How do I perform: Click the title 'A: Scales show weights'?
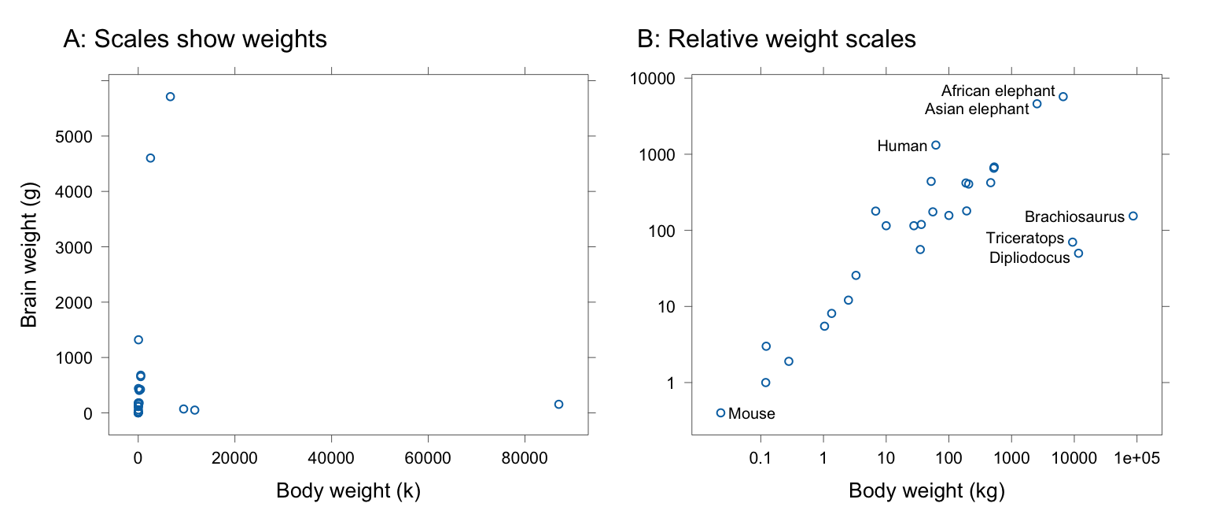point(194,39)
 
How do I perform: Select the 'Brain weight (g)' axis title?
point(29,257)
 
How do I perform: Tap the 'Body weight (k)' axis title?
point(348,491)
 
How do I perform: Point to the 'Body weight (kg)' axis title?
point(927,491)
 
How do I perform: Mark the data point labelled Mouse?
point(720,412)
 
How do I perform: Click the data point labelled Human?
point(936,145)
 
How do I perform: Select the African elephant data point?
point(1063,97)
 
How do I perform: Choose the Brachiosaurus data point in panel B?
point(1133,216)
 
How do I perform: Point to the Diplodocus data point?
point(1078,253)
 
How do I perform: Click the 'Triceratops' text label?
point(1025,239)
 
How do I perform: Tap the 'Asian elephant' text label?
point(977,109)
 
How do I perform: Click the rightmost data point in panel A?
point(558,404)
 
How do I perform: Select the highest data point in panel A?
point(170,97)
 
